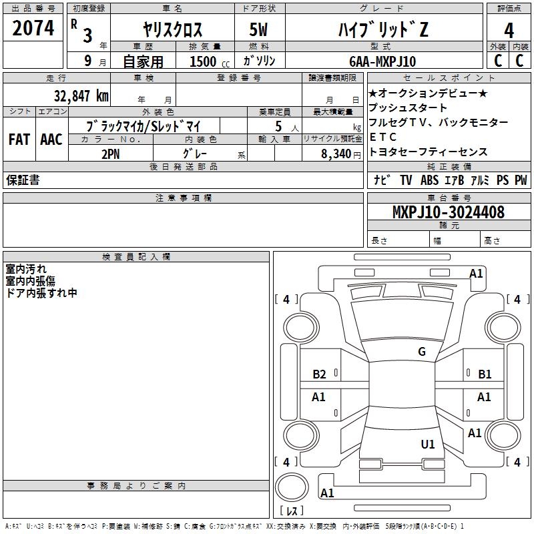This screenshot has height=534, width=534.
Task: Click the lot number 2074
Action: (x=33, y=27)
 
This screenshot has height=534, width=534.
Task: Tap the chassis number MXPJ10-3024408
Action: (x=448, y=212)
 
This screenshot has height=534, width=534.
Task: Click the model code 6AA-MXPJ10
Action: (x=382, y=61)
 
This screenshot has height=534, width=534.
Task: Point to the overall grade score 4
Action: (x=509, y=30)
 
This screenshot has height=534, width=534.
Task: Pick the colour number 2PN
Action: (x=110, y=153)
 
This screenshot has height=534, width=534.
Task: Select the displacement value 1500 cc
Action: (x=203, y=61)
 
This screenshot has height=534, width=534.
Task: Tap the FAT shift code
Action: (x=19, y=140)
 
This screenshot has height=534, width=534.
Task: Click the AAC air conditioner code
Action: (x=51, y=140)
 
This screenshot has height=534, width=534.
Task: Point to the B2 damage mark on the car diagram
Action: (x=319, y=374)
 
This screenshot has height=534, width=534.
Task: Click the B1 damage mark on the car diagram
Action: (x=485, y=374)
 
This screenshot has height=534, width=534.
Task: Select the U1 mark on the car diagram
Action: (x=428, y=444)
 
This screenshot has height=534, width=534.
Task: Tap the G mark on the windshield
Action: (x=421, y=352)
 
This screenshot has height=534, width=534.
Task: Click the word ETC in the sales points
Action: (x=383, y=137)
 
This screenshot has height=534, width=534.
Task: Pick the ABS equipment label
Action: (x=429, y=180)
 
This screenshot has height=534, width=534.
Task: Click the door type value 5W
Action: (x=260, y=30)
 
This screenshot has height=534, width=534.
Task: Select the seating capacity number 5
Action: (x=278, y=125)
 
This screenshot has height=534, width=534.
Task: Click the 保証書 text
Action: (x=23, y=180)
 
